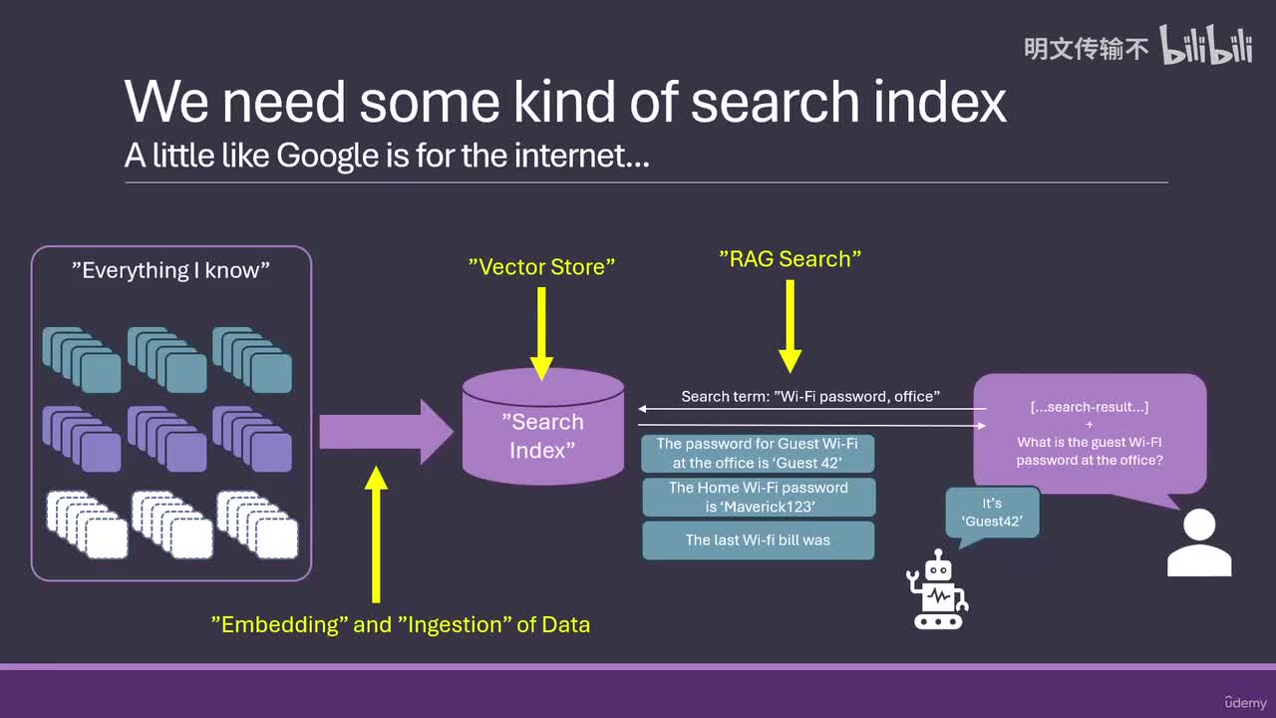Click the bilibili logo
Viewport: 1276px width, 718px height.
click(1206, 45)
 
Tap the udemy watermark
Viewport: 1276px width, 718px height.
click(1245, 703)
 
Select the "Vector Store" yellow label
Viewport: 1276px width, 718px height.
click(541, 266)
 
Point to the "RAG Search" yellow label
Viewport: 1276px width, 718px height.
click(790, 258)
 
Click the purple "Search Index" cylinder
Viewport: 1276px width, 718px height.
click(543, 427)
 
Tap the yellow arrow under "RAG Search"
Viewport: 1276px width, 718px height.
click(791, 326)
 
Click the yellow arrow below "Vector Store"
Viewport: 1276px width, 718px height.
click(541, 333)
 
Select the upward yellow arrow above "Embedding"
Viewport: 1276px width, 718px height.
click(376, 534)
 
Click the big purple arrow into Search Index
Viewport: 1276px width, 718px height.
click(386, 432)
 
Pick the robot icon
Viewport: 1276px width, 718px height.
click(937, 589)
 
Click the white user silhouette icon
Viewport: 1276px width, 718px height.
click(1199, 542)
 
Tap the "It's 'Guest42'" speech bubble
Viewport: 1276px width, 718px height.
click(992, 513)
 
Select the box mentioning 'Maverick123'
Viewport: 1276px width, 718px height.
click(759, 497)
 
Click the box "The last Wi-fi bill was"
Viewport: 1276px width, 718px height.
click(759, 540)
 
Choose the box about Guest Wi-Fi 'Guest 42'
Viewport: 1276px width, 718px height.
click(758, 454)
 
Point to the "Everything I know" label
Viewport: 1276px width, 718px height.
click(170, 270)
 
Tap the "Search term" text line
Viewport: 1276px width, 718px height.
click(810, 397)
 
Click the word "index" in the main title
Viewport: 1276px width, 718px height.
click(940, 102)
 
